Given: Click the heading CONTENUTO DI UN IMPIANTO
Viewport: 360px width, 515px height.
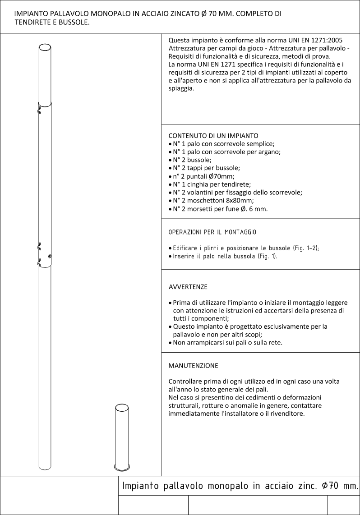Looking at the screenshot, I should [213, 135].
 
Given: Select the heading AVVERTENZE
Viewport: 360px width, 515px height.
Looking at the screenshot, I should [188, 287].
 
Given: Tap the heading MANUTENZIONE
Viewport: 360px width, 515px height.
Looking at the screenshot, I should [193, 365].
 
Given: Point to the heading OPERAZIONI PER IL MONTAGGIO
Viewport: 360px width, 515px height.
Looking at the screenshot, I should [212, 232].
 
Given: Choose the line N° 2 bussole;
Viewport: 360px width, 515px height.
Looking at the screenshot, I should [190, 160].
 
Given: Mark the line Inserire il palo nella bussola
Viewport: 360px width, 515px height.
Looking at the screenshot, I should [225, 256].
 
